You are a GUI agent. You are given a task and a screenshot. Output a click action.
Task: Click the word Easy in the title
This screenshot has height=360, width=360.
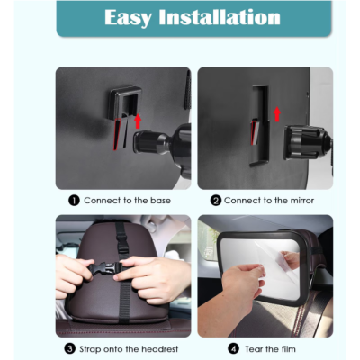pos(128,18)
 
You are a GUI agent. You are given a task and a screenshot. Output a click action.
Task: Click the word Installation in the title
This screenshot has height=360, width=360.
pos(220,17)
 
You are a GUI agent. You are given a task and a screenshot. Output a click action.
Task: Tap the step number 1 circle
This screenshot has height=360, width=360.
pos(74,201)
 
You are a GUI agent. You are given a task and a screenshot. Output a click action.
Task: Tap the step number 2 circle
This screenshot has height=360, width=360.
pos(216,201)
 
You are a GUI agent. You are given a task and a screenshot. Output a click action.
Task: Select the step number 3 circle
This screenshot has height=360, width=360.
pos(70,349)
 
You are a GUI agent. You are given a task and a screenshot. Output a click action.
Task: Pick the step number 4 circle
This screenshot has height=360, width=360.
pos(233,349)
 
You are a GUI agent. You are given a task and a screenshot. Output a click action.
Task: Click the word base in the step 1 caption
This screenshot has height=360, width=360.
pos(160,201)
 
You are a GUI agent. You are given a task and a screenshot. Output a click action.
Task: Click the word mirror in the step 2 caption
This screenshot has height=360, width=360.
pos(302,201)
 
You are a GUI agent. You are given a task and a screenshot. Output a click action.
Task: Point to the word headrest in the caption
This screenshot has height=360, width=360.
pos(160,349)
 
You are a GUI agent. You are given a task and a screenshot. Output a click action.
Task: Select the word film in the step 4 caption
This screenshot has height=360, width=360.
pos(289,349)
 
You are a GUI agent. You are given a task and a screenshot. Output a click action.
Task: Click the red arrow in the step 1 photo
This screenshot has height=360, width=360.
pos(138,121)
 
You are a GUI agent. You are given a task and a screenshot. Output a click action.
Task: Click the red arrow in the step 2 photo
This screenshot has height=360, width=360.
pos(277,114)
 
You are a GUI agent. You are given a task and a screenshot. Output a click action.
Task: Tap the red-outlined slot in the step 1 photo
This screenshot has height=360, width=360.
pos(118,134)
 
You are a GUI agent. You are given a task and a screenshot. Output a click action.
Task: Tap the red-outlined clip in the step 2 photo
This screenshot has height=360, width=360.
pos(255,132)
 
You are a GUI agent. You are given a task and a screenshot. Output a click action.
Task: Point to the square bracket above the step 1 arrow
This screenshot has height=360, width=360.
pos(125,102)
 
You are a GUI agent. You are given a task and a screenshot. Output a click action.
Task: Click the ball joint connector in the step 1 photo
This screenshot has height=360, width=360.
pos(153,142)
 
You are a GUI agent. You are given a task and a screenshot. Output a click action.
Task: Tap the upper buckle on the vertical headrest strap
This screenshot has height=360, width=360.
pos(121,242)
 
